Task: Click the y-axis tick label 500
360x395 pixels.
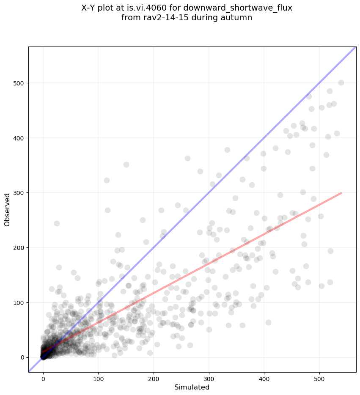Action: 18,83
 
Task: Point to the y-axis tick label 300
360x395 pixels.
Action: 18,193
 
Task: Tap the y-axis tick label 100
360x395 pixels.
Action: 18,302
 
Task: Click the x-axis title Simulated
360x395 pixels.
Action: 192,387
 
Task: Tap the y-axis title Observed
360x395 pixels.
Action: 7,209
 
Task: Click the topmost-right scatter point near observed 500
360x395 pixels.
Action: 341,82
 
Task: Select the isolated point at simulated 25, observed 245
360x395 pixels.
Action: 57,223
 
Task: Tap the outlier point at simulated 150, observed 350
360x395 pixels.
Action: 126,165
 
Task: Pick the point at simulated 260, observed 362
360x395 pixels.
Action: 187,158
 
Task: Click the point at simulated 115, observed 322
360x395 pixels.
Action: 107,180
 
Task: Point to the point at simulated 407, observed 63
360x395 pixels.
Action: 268,322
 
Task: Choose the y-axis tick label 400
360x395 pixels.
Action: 18,138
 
